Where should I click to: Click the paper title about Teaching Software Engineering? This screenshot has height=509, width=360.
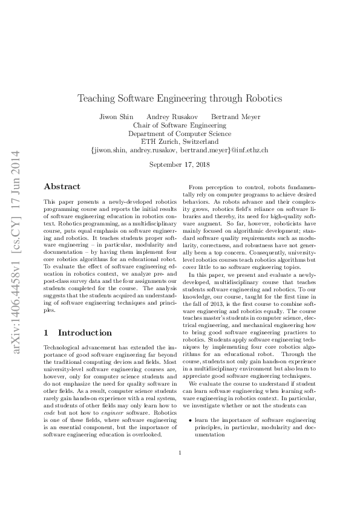pos(180,97)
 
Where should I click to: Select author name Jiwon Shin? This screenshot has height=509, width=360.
pos(114,116)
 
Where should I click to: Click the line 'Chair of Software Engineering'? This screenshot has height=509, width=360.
pos(180,125)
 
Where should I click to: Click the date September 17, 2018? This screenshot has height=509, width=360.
pos(180,164)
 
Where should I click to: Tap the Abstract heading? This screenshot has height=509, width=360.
pos(62,187)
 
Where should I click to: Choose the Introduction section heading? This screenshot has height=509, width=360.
pos(84,332)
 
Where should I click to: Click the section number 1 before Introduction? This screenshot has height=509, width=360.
pos(47,332)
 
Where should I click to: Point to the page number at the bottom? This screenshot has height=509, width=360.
pos(180,469)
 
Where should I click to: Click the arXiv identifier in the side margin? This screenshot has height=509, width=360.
pos(17,254)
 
